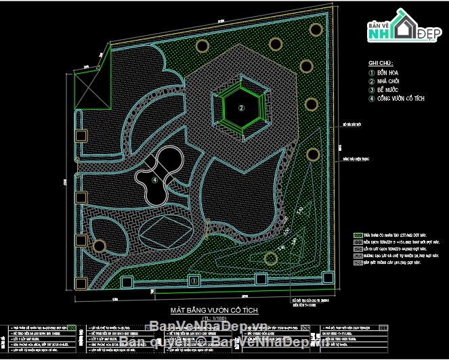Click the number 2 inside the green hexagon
point(240,107)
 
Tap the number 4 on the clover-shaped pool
point(155,179)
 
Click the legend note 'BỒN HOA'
point(388,72)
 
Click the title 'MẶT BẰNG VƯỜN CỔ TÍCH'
point(213,309)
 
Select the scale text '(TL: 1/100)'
point(213,317)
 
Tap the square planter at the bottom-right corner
point(327,278)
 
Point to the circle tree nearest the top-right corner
point(316,29)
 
